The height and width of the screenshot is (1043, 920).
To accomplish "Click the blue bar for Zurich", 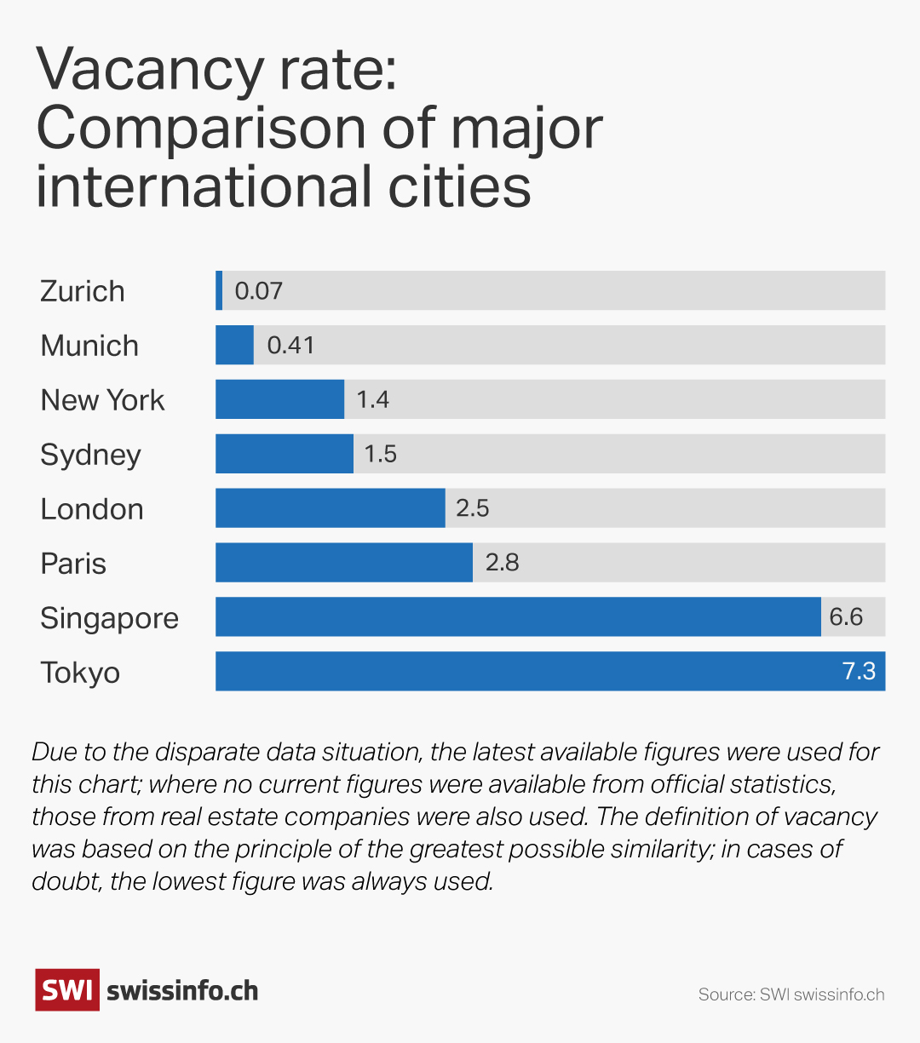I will click(219, 290).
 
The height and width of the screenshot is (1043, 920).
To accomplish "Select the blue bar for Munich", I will click(234, 345).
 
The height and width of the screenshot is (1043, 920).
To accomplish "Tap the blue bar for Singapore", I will click(518, 616).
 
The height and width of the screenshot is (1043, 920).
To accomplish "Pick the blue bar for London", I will click(331, 508).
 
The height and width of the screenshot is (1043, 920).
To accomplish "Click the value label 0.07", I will click(258, 291).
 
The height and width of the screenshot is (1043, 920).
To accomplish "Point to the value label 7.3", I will click(859, 671).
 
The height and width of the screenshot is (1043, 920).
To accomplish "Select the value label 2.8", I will click(502, 563).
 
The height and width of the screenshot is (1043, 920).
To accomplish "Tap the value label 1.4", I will click(372, 399).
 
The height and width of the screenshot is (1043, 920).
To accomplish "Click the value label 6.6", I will click(846, 616).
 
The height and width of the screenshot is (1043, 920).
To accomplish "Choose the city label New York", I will click(102, 400).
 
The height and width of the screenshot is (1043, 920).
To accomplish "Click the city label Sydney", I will click(90, 455).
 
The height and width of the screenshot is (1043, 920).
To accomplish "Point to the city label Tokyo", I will click(80, 673).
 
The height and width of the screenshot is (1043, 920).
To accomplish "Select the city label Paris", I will click(73, 564).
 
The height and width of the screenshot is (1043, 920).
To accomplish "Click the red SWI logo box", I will click(67, 990).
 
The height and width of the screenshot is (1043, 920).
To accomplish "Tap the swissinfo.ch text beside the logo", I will click(182, 991).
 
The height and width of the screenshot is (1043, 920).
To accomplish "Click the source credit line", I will click(791, 994).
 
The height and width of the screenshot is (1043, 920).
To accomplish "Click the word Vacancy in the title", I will click(149, 70).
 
